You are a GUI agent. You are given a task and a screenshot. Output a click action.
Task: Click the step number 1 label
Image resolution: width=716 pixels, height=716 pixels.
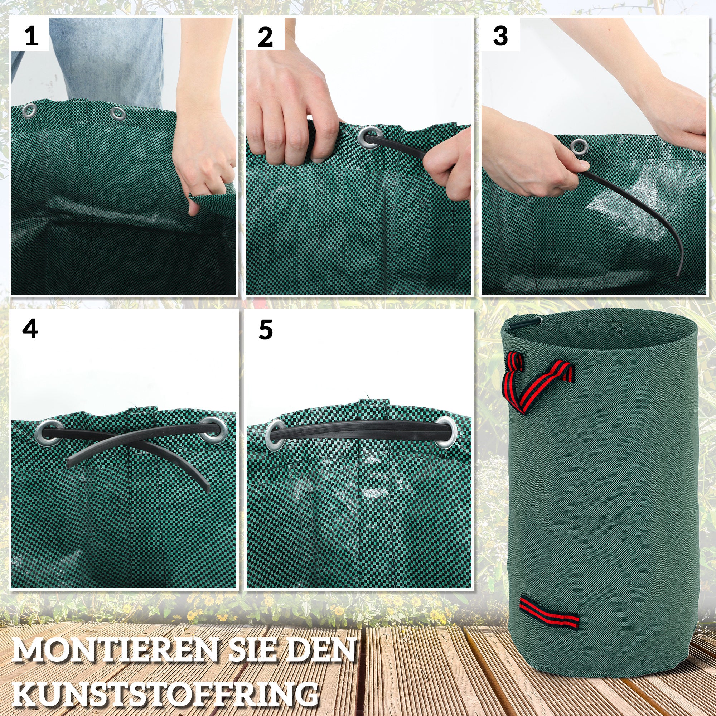click(x=31, y=36)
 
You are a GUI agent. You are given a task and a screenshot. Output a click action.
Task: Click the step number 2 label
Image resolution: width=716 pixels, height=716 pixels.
click(x=265, y=37)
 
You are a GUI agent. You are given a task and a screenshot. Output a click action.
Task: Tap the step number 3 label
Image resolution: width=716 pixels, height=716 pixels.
click(x=500, y=36)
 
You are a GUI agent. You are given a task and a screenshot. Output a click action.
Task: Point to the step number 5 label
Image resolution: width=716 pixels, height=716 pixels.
click(x=265, y=329)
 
